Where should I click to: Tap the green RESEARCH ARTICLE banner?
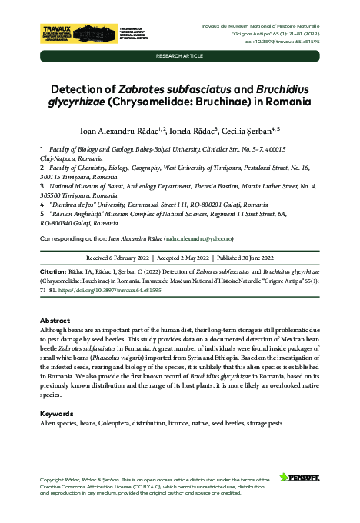(180, 57)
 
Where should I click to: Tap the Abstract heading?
(55, 320)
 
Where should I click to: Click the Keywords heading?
(56, 414)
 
